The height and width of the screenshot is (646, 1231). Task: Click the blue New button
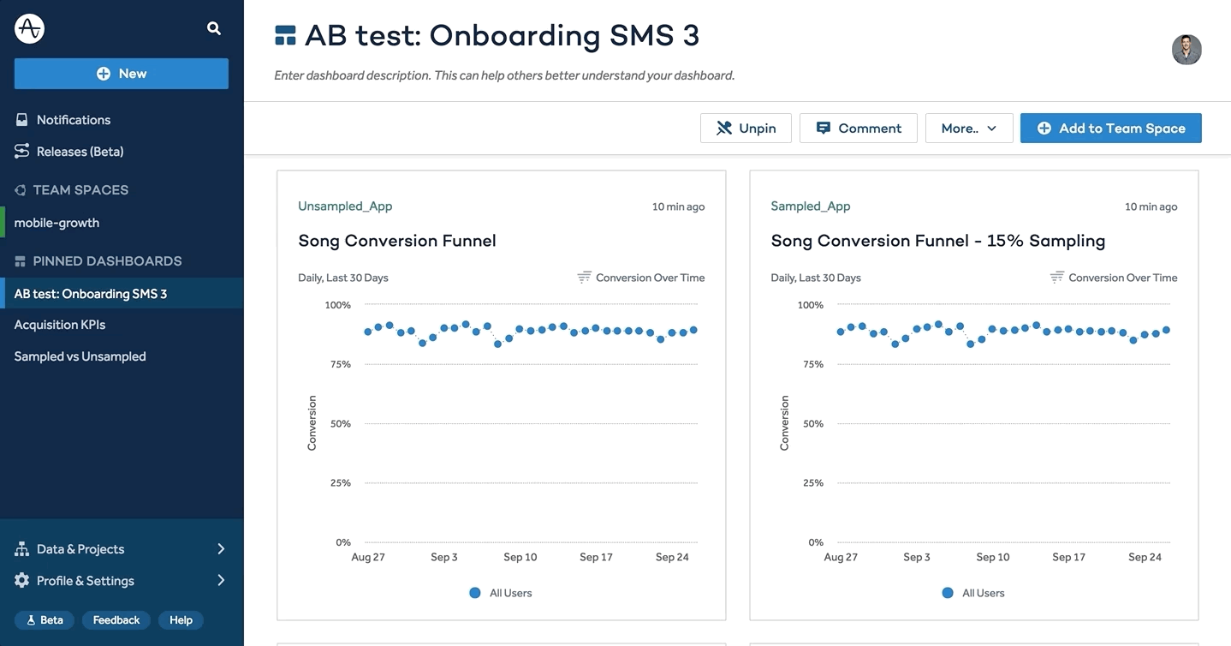tap(121, 74)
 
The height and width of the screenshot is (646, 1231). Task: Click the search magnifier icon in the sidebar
tap(214, 28)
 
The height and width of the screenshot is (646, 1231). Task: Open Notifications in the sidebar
tap(74, 120)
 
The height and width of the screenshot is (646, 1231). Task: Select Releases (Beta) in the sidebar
tap(80, 152)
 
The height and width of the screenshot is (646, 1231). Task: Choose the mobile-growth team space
tap(56, 223)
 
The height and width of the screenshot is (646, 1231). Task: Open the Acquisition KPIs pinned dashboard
tap(60, 325)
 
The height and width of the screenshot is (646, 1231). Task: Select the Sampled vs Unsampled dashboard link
tap(80, 356)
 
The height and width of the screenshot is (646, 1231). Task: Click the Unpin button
tap(746, 129)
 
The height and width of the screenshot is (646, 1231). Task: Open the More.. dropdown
tap(969, 129)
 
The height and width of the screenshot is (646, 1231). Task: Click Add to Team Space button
tap(1110, 129)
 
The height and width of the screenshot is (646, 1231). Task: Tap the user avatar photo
tap(1186, 50)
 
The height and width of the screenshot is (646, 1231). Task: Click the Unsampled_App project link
tap(345, 206)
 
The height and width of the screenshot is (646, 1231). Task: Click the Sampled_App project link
tap(811, 206)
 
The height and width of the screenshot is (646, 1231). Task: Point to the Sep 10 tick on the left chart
tap(520, 557)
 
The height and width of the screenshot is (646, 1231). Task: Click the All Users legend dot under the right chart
tap(948, 593)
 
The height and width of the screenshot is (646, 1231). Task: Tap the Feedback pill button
tap(116, 620)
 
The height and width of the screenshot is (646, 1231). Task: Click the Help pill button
tap(181, 620)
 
